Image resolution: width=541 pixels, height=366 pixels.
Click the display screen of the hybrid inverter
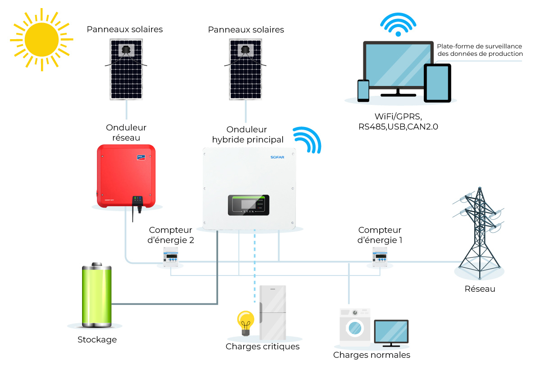[x=248, y=205]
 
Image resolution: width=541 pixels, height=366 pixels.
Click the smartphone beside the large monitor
[x=363, y=90]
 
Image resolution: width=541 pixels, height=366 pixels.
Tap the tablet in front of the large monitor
[x=437, y=83]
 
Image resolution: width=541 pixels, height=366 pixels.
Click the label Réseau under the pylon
[x=480, y=289]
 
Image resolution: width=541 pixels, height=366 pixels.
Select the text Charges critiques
[x=262, y=347]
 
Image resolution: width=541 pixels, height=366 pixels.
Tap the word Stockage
[x=97, y=340]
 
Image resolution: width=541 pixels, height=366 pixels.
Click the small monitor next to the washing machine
[x=391, y=332]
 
